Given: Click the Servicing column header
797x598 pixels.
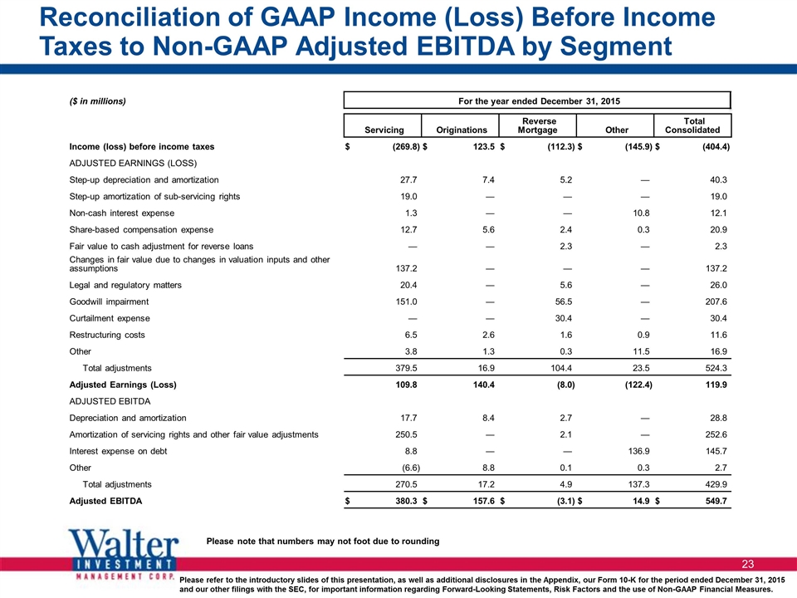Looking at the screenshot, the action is click(384, 130).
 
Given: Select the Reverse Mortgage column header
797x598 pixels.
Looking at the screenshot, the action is click(538, 125).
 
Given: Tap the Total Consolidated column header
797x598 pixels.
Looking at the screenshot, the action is click(692, 125).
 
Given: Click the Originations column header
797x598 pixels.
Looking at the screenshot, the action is click(462, 130).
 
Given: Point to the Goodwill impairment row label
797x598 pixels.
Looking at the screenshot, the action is click(109, 301).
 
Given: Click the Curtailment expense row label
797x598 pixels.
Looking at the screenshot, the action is click(110, 318).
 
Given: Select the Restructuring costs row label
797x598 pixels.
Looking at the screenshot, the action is click(107, 335).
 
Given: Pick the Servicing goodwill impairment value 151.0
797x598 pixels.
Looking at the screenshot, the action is click(406, 301).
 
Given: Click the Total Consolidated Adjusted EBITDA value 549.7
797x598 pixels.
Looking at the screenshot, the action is click(716, 501).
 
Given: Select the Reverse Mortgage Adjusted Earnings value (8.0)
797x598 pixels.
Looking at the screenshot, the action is click(565, 385).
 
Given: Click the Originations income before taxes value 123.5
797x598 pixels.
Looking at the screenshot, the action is click(483, 146).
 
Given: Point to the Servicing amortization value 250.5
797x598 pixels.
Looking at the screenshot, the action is click(406, 434).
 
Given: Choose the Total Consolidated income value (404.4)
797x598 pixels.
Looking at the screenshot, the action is click(716, 146).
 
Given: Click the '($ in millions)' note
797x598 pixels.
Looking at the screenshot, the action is click(98, 101).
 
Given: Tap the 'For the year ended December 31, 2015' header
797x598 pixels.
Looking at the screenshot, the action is click(539, 100).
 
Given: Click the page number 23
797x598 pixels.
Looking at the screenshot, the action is click(748, 564).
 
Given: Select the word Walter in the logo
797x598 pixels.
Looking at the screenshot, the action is click(124, 543).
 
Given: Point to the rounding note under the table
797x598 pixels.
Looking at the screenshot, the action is click(323, 541).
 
